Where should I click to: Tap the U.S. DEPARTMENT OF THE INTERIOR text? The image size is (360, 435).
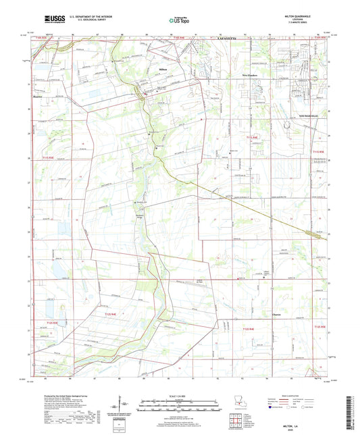tap(88, 15)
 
